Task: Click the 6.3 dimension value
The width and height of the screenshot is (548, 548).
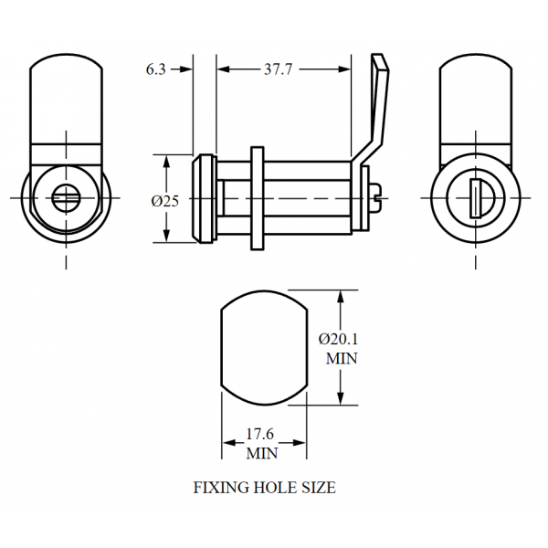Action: coord(155,69)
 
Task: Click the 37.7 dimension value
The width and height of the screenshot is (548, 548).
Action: coord(283,69)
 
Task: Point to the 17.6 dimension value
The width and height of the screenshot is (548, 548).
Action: coord(263,435)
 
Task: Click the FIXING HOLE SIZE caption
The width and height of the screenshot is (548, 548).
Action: coord(264,488)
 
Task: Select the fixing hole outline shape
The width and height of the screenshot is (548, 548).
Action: coord(263,350)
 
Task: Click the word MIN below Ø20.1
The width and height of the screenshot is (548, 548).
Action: coord(341,359)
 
